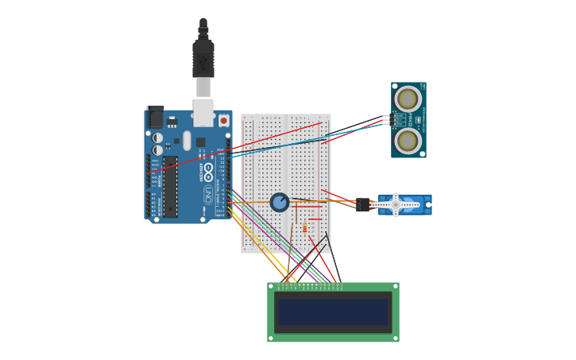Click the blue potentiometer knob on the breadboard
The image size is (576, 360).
click(x=280, y=202)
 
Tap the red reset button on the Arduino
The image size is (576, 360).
click(x=224, y=121)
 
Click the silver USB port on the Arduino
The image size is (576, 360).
click(x=203, y=112)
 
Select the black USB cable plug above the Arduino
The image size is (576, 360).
click(x=203, y=58)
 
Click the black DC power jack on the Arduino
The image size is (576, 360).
click(x=156, y=118)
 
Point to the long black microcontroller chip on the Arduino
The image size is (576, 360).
click(x=171, y=186)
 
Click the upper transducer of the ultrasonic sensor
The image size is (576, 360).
click(x=408, y=99)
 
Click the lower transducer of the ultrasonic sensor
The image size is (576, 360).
click(x=408, y=141)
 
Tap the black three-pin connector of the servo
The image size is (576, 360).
click(x=363, y=205)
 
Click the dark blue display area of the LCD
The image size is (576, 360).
click(x=333, y=312)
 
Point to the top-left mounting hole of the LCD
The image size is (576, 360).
click(x=271, y=286)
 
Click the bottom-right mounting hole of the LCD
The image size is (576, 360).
click(x=396, y=339)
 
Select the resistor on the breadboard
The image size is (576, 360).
click(x=304, y=228)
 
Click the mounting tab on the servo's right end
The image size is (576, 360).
click(x=428, y=205)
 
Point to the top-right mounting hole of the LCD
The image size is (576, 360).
click(x=395, y=286)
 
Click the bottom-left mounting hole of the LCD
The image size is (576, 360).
click(x=271, y=339)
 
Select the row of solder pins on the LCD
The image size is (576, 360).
click(x=310, y=285)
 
